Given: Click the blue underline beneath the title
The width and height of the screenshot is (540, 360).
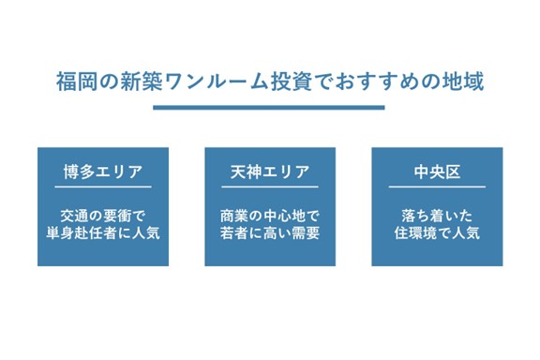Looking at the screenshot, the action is (269, 107).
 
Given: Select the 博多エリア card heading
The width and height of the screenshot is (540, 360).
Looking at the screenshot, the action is (103, 172).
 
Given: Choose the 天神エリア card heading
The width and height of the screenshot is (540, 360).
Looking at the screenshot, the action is (269, 172).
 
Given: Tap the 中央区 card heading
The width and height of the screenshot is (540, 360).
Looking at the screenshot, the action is (437, 172).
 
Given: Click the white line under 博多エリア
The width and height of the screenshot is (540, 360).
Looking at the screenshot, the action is (103, 187).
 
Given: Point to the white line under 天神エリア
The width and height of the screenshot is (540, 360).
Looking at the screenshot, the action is (269, 187).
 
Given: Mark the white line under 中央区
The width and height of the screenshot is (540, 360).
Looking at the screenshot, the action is (437, 187).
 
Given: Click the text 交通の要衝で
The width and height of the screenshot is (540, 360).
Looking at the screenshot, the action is (103, 215).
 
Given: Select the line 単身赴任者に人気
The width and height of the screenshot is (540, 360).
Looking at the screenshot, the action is (103, 232).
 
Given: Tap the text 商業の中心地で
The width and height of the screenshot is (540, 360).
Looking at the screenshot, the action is (269, 215).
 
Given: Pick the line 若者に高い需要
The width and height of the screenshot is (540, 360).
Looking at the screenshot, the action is (269, 232).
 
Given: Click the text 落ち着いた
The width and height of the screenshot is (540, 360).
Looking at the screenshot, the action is (437, 215).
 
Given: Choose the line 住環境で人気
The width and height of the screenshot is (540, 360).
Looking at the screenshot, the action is (437, 232).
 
